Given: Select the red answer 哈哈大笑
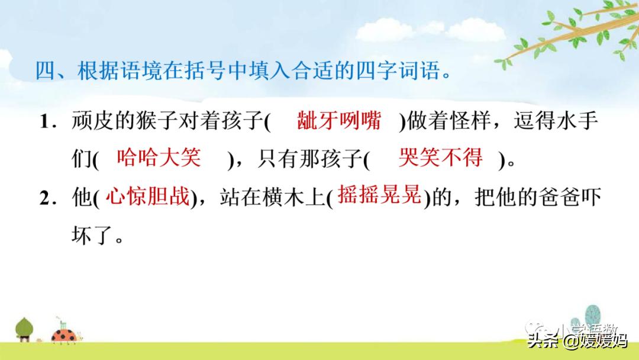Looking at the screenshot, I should pyautogui.click(x=159, y=157).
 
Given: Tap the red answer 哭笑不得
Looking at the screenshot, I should pyautogui.click(x=440, y=157).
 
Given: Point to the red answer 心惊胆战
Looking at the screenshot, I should pyautogui.click(x=147, y=197).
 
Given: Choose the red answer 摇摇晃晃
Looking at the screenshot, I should pyautogui.click(x=379, y=195).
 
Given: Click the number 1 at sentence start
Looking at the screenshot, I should pyautogui.click(x=44, y=123).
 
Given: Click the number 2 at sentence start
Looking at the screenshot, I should pyautogui.click(x=44, y=198).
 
